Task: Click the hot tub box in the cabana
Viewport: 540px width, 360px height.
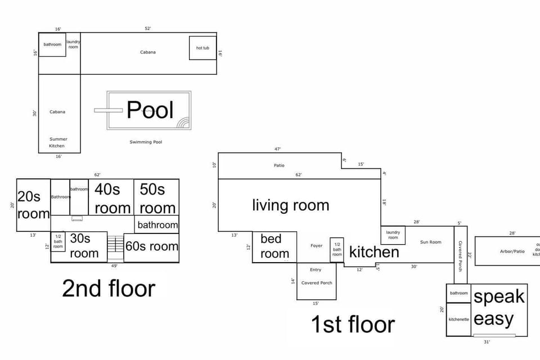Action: pyautogui.click(x=202, y=48)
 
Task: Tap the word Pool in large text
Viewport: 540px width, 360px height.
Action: pyautogui.click(x=150, y=110)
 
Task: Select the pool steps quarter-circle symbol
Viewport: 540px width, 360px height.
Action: pyautogui.click(x=183, y=123)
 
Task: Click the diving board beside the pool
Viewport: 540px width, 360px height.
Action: pyautogui.click(x=101, y=110)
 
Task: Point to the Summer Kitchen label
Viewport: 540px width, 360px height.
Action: pyautogui.click(x=58, y=142)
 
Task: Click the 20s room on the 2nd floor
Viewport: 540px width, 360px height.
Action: pyautogui.click(x=33, y=205)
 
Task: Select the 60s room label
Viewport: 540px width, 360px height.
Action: pyautogui.click(x=151, y=246)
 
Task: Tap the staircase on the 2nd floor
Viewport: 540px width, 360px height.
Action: pyautogui.click(x=115, y=245)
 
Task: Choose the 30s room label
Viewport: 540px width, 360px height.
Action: pyautogui.click(x=84, y=246)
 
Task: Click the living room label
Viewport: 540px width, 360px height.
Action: pyautogui.click(x=290, y=205)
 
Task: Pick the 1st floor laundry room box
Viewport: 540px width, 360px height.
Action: pyautogui.click(x=393, y=235)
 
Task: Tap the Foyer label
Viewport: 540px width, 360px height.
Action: pyautogui.click(x=317, y=246)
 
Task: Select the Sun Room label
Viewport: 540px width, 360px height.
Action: pyautogui.click(x=431, y=242)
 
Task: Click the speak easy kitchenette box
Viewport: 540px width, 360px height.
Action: pyautogui.click(x=458, y=319)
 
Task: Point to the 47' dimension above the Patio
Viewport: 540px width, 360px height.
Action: pyautogui.click(x=277, y=149)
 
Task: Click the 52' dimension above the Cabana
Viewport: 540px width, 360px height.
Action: pyautogui.click(x=148, y=28)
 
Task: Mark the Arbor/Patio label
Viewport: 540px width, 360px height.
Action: pyautogui.click(x=512, y=251)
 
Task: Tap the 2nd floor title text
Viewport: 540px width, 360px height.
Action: pyautogui.click(x=109, y=289)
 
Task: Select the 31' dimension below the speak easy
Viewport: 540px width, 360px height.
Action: pyautogui.click(x=487, y=341)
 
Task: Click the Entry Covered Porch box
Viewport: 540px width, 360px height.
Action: pyautogui.click(x=317, y=281)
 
